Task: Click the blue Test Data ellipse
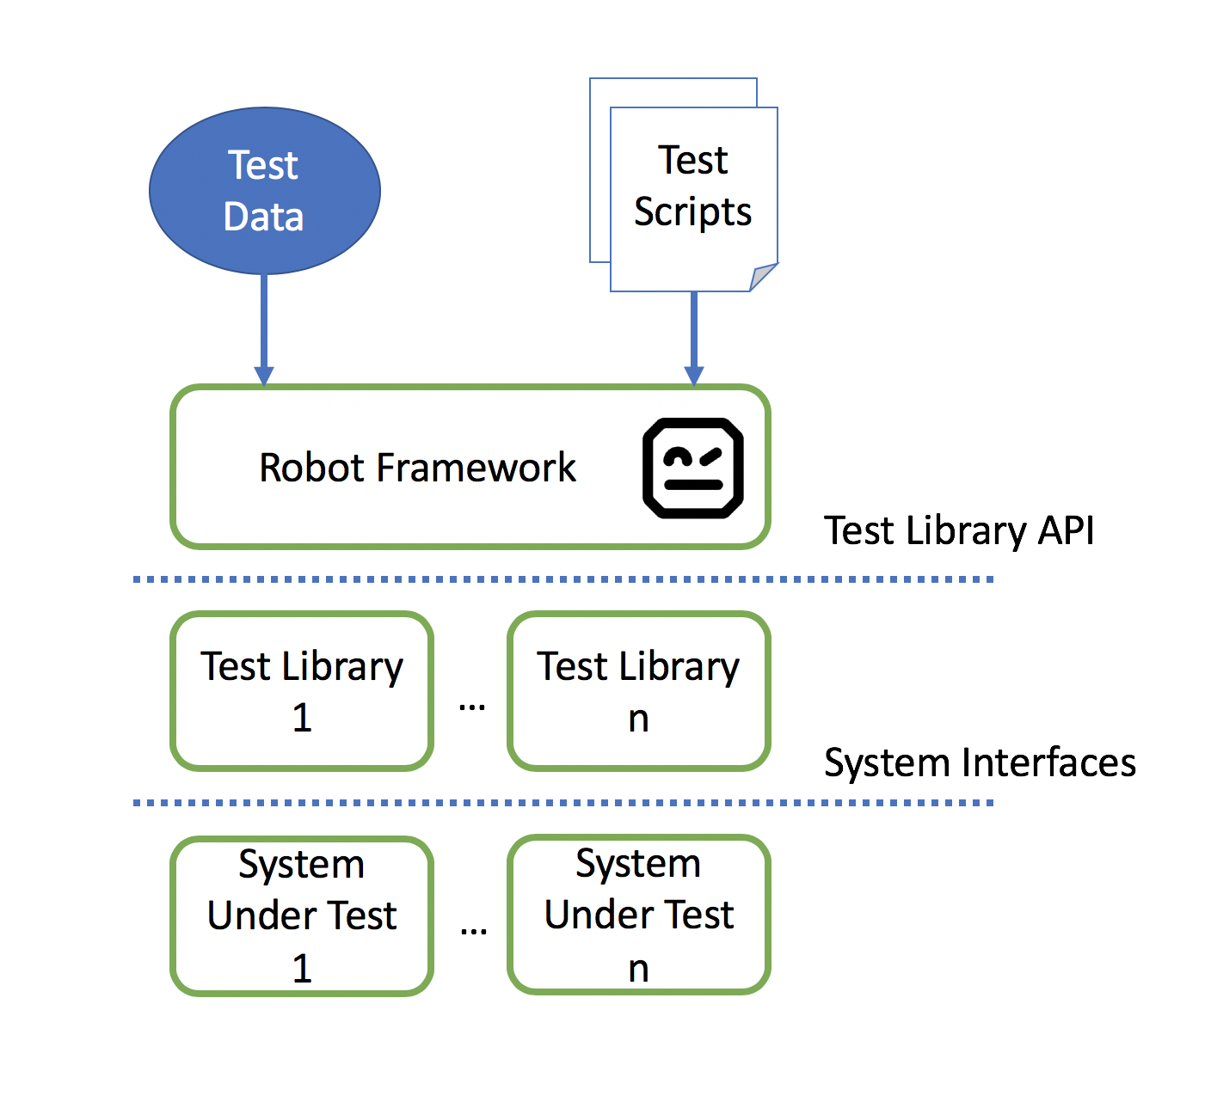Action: [x=264, y=191]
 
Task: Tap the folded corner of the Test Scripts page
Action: [x=762, y=278]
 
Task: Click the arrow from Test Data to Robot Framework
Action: [x=264, y=327]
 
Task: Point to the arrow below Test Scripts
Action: [x=693, y=335]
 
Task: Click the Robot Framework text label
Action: [x=417, y=468]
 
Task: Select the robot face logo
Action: [x=693, y=468]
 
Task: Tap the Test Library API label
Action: [x=959, y=530]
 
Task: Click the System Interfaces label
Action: [x=980, y=762]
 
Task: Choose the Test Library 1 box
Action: [x=302, y=691]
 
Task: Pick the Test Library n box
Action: [x=638, y=691]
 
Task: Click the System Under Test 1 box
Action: [x=302, y=915]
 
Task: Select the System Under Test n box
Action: [x=638, y=915]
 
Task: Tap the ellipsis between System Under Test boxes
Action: [x=473, y=931]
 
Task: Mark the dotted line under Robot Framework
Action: [x=563, y=579]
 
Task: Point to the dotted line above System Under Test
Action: [x=563, y=803]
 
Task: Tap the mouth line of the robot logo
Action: [x=693, y=485]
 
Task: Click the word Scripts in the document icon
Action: [x=692, y=212]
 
